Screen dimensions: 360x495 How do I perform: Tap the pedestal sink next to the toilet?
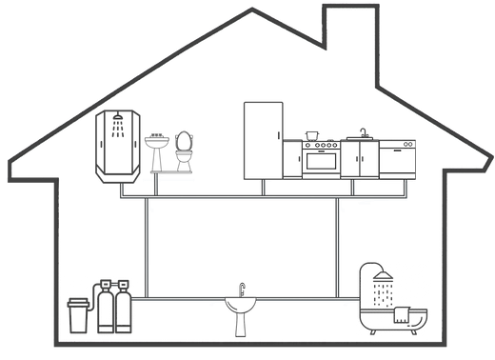point(157,150)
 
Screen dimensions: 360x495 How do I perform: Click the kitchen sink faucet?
point(363,132)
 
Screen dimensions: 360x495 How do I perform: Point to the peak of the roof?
point(251,10)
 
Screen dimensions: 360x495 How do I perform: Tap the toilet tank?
point(183,139)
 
